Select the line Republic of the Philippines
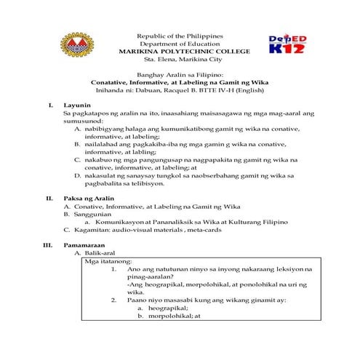180,36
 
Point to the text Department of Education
180,44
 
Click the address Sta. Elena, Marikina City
180,60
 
